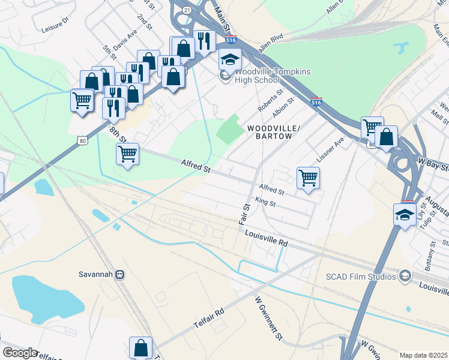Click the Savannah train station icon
coord(119,274)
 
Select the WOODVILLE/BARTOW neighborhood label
coord(270,132)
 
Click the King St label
coord(265,203)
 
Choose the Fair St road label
coord(244,214)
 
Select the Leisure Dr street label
coord(56,28)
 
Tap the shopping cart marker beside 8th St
coord(128,155)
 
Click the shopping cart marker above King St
coord(308,178)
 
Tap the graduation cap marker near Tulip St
coord(405,214)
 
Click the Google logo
coord(19,353)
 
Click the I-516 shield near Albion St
coord(316,103)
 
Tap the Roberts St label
coord(270,101)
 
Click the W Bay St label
coord(433,163)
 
